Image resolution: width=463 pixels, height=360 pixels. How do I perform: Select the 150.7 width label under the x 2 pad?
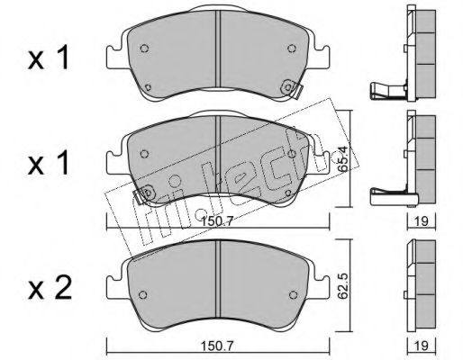217,346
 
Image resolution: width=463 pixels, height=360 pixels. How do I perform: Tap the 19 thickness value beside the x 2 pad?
422,346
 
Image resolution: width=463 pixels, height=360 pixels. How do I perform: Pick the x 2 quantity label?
50,288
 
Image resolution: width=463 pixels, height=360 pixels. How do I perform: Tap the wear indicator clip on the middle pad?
144,194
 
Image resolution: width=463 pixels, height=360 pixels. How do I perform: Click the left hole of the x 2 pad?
143,294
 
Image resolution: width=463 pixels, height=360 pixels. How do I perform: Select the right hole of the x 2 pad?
293,294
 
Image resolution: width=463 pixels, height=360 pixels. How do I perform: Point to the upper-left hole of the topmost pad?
144,49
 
